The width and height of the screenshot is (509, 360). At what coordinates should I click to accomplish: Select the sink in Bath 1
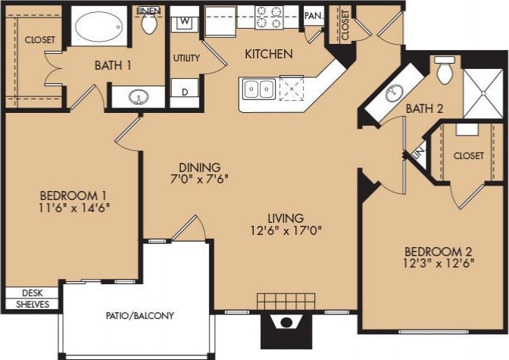click(x=139, y=97)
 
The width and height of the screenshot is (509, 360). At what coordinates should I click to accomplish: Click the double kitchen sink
click(x=258, y=90)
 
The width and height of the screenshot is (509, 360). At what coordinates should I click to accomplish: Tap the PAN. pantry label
click(x=313, y=16)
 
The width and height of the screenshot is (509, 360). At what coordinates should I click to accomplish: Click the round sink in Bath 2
click(x=392, y=94)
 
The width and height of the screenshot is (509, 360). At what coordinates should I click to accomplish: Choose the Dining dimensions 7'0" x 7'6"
click(x=200, y=180)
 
